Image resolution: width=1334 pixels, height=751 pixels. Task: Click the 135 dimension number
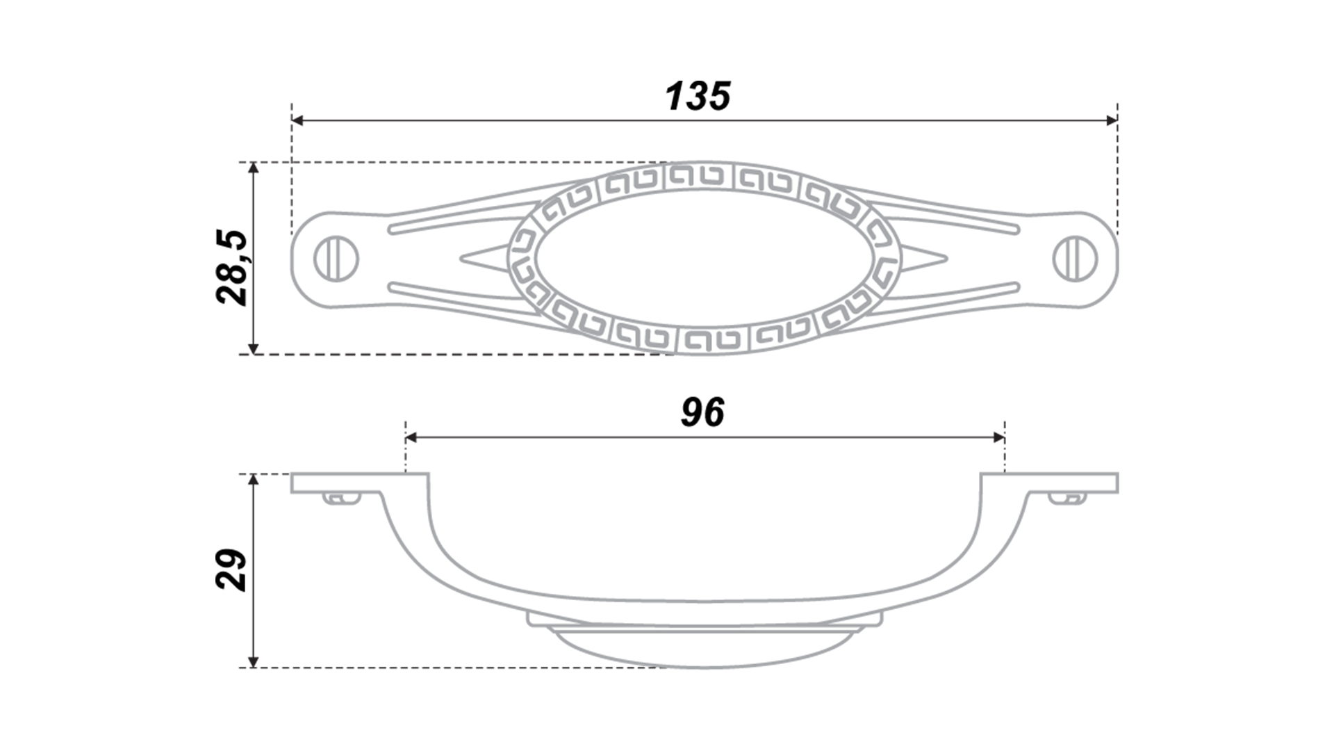(698, 96)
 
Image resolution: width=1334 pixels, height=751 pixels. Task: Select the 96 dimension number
(702, 412)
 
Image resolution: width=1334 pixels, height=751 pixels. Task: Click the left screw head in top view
(337, 259)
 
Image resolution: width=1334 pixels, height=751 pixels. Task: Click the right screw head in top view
(1076, 259)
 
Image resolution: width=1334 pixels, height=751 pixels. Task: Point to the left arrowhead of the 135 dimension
(298, 121)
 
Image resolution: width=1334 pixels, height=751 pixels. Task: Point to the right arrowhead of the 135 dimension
(1111, 121)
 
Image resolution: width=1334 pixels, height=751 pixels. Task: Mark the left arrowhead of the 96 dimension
(411, 437)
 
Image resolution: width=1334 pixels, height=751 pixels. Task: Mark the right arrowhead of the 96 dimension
(998, 437)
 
